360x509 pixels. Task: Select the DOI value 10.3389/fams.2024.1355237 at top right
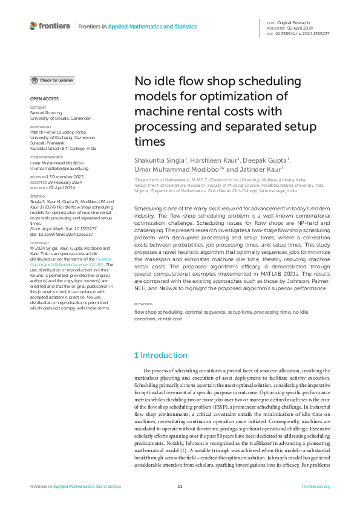[303, 33]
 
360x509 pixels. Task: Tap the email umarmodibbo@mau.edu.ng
[53, 168]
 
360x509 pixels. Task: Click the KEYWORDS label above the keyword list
[143, 304]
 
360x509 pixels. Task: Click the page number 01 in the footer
[180, 486]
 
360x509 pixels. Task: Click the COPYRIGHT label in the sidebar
[40, 241]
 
